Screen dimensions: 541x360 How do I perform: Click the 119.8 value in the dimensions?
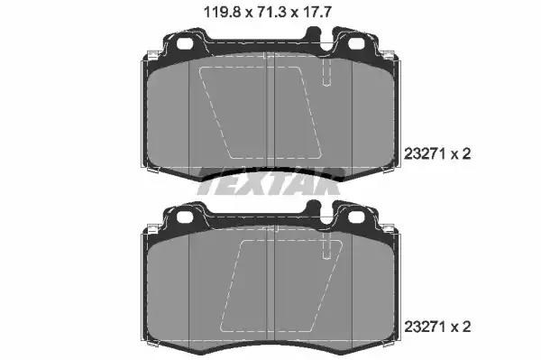(222, 13)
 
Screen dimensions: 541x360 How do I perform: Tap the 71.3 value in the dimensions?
(268, 13)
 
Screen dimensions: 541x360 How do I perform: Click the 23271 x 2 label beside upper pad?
(437, 154)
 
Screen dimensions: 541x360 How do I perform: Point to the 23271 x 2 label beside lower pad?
(437, 327)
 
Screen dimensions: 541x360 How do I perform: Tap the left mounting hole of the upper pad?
(185, 43)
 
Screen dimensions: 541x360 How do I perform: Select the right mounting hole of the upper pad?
(356, 43)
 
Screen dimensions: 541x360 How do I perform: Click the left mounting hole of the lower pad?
(185, 216)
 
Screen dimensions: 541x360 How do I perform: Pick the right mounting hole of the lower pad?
(356, 216)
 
